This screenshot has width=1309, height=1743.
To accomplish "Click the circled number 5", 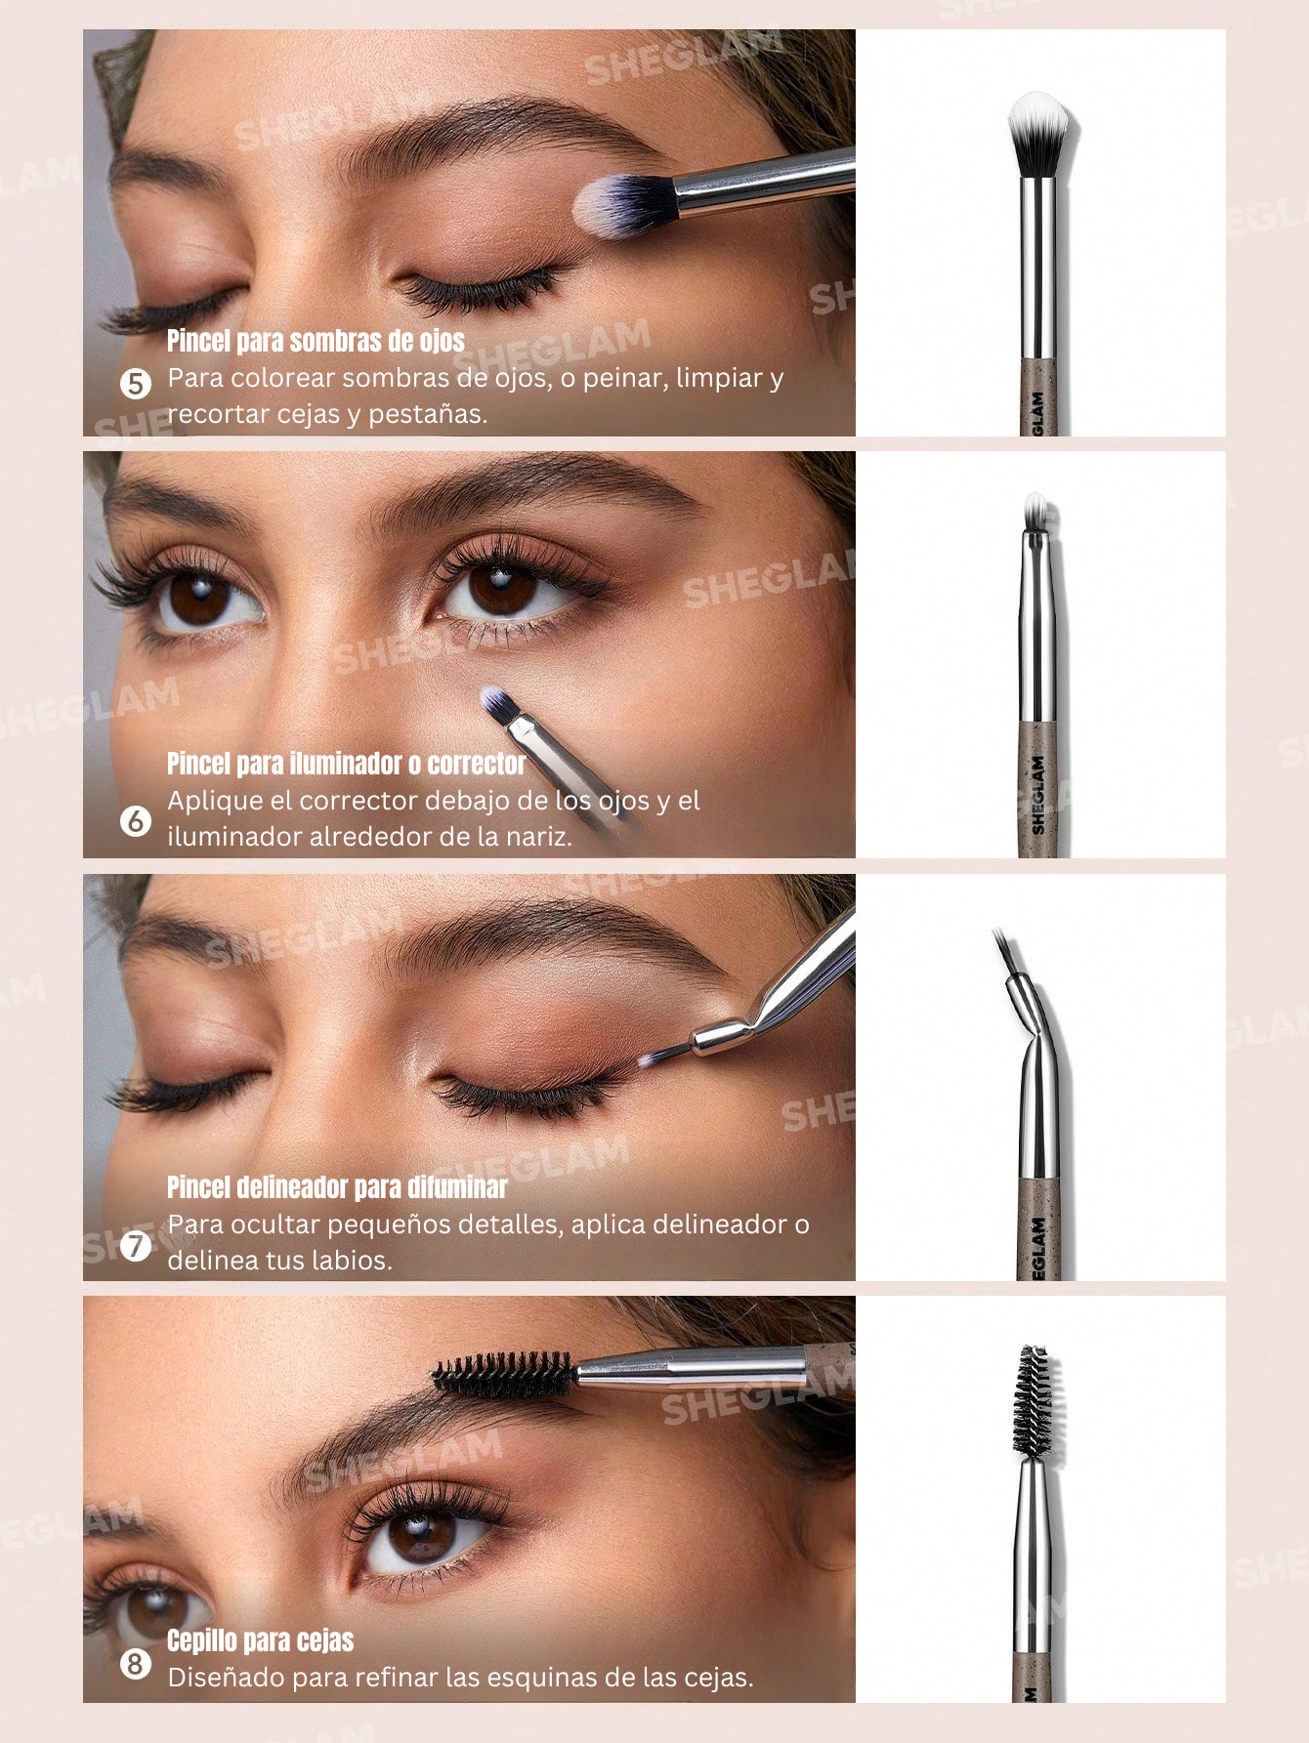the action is click(x=136, y=384).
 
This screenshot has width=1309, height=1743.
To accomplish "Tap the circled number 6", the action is click(x=136, y=821).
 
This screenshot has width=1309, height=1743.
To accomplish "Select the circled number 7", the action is click(x=136, y=1245).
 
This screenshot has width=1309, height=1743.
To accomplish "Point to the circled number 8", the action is click(x=136, y=1664).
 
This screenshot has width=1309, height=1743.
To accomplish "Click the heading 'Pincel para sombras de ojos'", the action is click(x=316, y=341).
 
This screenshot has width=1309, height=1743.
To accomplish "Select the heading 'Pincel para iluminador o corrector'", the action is click(x=346, y=764).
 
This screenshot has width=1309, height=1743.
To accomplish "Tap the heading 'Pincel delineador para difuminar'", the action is click(x=337, y=1187).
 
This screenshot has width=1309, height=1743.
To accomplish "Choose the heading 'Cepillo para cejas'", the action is click(x=260, y=1640).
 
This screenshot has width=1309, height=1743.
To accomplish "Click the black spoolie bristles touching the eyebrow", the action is click(x=502, y=1373).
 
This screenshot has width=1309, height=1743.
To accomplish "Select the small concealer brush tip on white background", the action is click(x=1035, y=511).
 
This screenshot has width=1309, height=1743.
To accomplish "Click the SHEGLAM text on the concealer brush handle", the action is click(x=1038, y=795).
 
